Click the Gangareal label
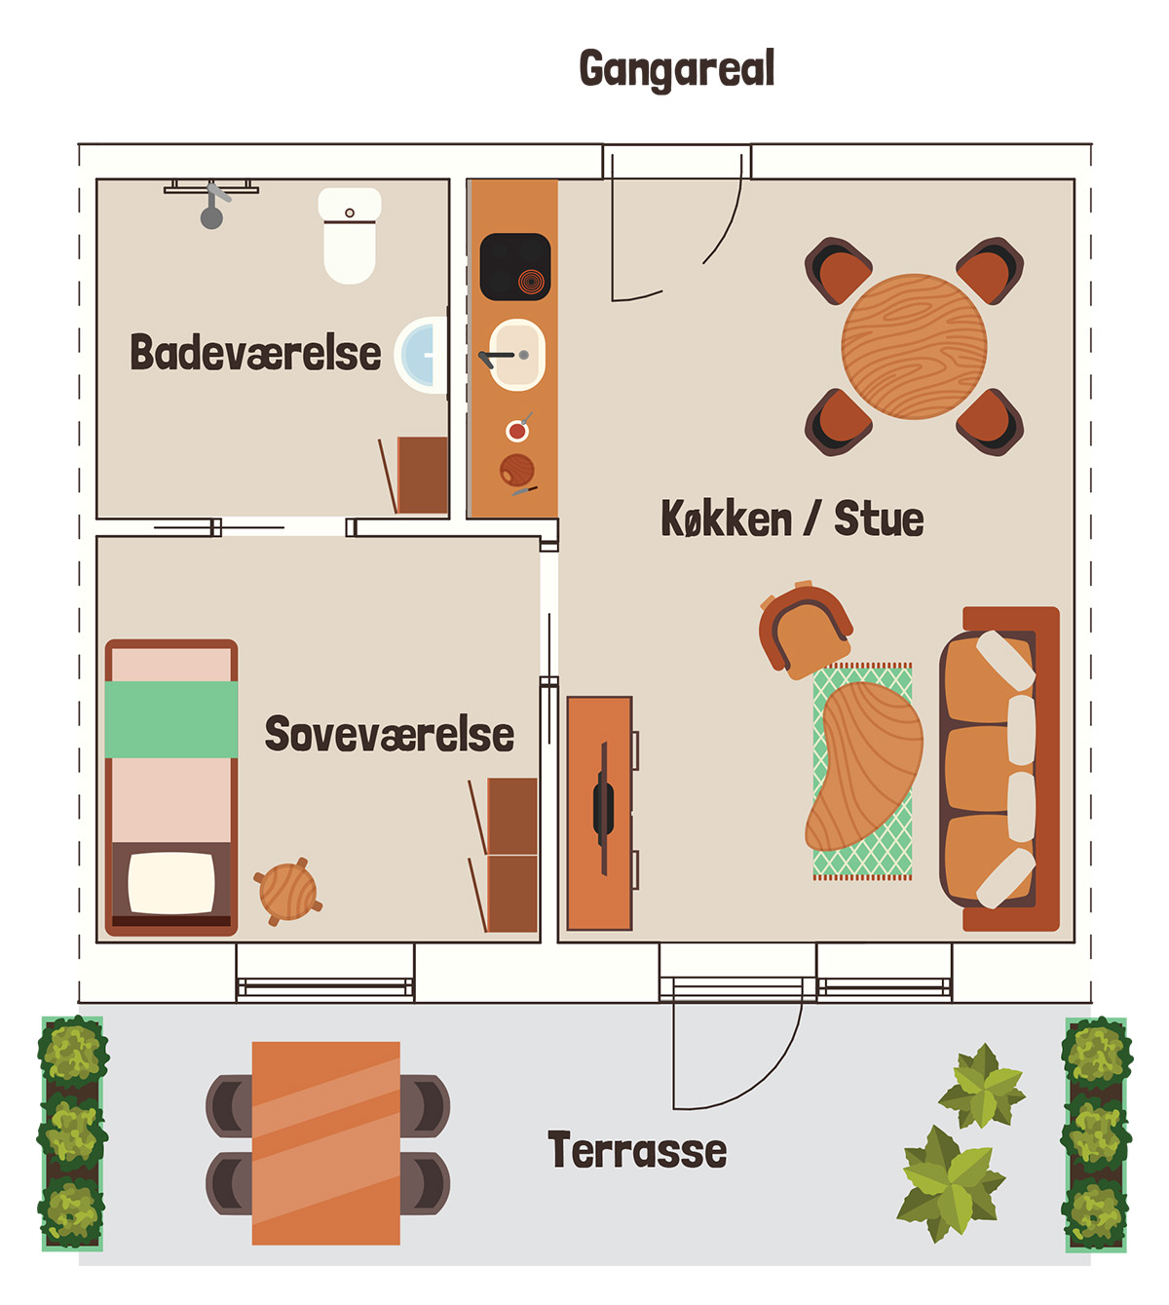[676, 69]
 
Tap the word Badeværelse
[255, 353]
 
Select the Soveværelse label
[390, 734]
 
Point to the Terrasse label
[637, 1150]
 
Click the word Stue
[879, 518]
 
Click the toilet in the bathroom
[350, 236]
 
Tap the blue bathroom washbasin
[422, 354]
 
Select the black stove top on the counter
[515, 267]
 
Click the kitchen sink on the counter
[517, 355]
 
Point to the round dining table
[914, 347]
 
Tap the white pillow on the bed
[171, 883]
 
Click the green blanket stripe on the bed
[171, 719]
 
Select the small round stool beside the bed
[287, 892]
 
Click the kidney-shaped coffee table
[864, 766]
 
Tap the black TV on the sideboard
[603, 808]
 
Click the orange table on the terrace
[325, 1143]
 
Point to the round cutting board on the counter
[517, 470]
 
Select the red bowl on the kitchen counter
[517, 430]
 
